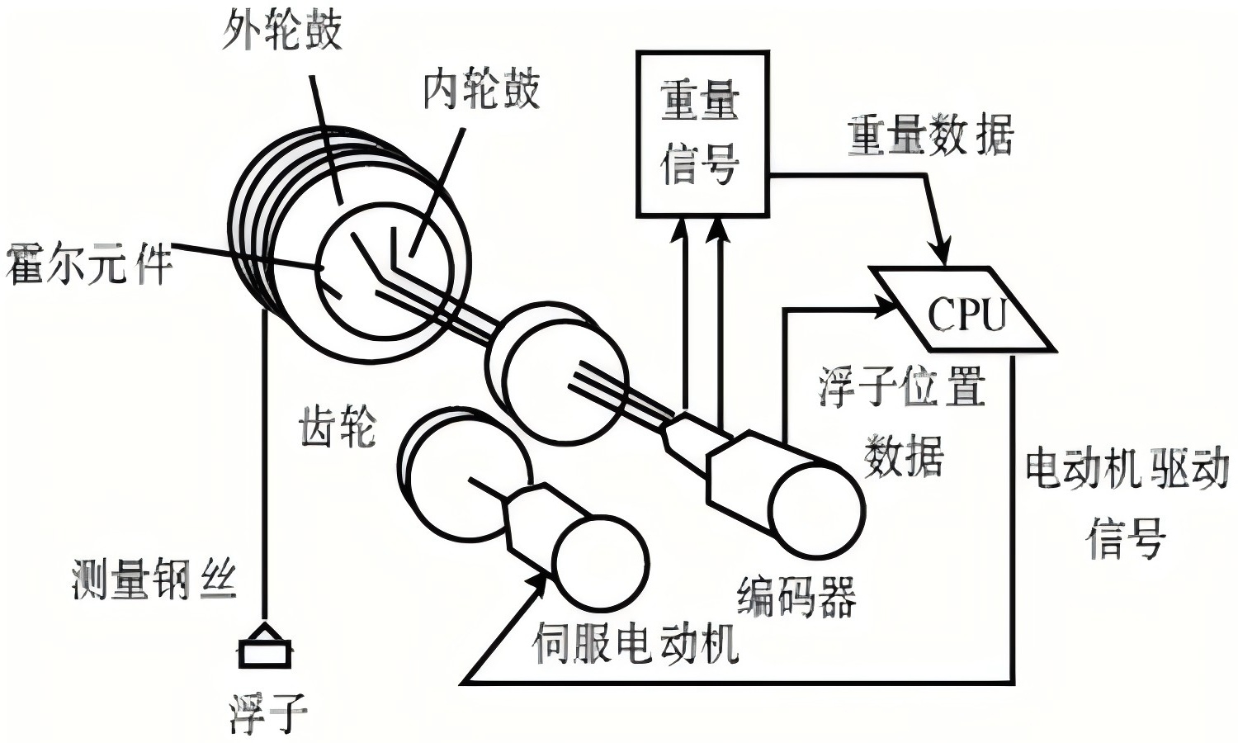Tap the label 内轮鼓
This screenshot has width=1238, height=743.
click(x=481, y=89)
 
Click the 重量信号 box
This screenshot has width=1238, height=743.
click(x=702, y=133)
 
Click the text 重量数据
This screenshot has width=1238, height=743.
click(x=930, y=135)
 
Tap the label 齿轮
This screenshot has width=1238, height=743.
click(x=338, y=427)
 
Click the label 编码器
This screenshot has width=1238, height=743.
click(x=796, y=596)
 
